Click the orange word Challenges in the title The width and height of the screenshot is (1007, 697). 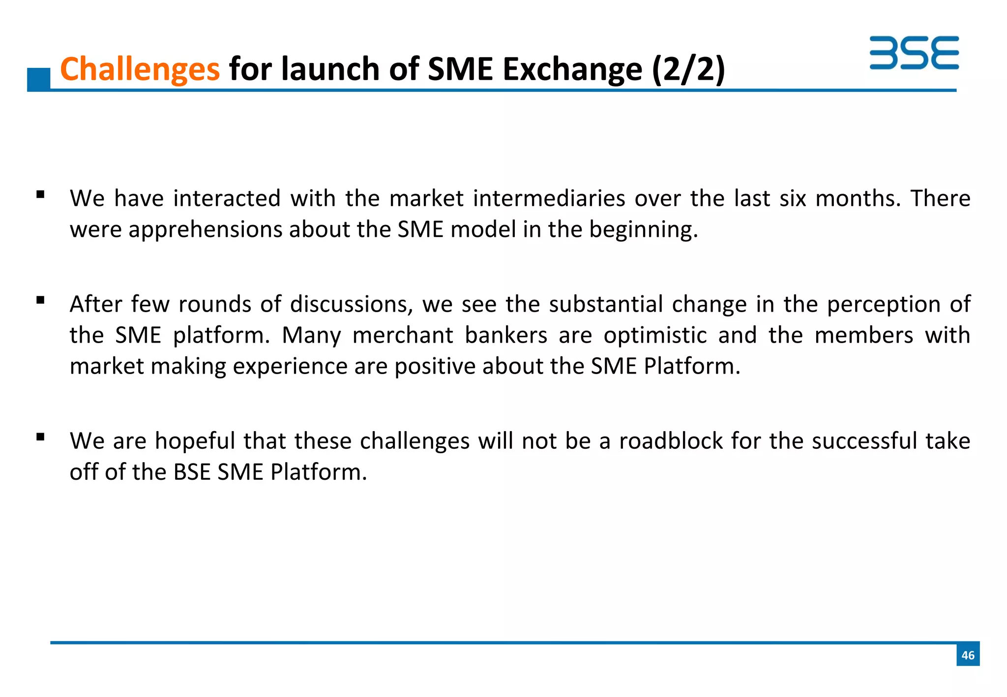coord(140,69)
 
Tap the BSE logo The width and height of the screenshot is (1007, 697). coord(914,53)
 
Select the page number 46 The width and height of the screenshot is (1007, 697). coord(968,655)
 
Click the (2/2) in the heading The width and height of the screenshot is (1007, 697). coord(688,69)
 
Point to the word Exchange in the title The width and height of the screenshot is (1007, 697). coord(572,69)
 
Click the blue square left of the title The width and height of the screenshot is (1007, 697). coord(39,79)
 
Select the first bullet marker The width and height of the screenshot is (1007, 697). coord(40,195)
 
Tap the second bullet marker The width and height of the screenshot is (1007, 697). coord(40,300)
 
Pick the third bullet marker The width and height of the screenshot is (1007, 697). coord(40,436)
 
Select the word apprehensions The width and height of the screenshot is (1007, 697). coord(206,230)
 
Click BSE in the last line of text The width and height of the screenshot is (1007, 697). coord(192,472)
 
